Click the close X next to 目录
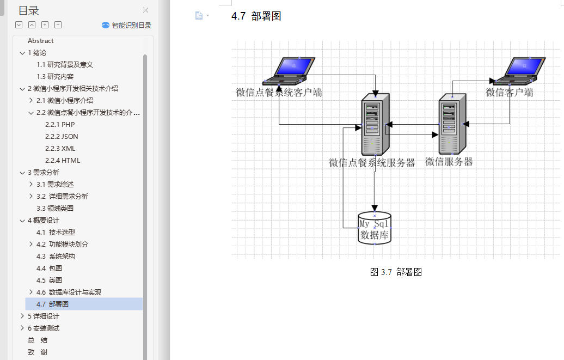[145, 10]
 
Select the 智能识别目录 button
[126, 25]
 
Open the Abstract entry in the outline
[41, 41]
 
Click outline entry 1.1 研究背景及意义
[65, 65]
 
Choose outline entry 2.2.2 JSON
[62, 137]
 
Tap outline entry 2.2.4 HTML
[63, 161]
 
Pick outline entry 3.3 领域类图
[55, 209]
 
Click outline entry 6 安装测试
[44, 328]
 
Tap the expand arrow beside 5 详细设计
[22, 316]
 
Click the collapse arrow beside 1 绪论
[22, 53]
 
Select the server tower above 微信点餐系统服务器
[375, 124]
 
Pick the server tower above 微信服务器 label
[453, 124]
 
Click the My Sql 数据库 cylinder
[375, 228]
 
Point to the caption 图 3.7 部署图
[396, 272]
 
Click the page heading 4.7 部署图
[256, 16]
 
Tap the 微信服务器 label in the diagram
[449, 162]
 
